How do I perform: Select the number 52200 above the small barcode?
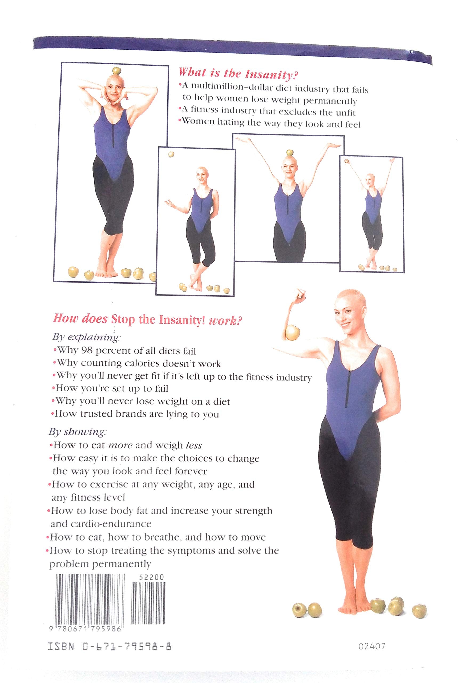[151, 577]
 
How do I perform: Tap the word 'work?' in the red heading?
[225, 321]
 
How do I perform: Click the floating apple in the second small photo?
[171, 154]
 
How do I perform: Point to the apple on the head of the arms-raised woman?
[290, 153]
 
